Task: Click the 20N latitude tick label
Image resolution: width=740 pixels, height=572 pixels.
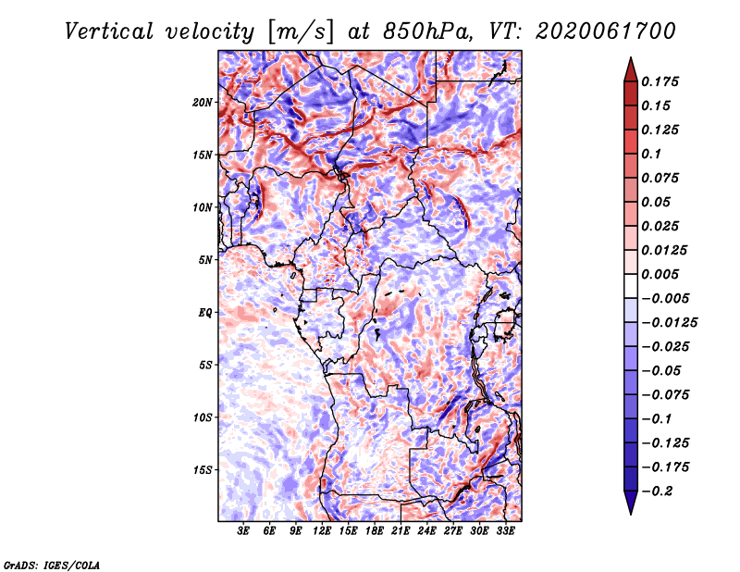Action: (x=203, y=103)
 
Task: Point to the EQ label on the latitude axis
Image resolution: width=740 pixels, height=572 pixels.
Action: (x=205, y=313)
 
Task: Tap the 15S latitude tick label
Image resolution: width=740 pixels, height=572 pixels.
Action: (x=203, y=470)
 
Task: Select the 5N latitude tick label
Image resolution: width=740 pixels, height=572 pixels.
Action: (x=205, y=260)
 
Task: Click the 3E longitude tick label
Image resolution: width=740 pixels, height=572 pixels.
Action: (x=243, y=531)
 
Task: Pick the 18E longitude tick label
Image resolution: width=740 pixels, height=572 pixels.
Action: (x=375, y=531)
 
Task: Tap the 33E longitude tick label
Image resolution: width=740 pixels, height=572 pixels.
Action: (x=505, y=531)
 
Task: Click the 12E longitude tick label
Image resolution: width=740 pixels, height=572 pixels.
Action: (x=322, y=531)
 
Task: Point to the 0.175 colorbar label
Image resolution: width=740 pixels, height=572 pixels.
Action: (x=660, y=81)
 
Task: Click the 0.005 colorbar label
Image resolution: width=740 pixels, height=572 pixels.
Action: (x=660, y=274)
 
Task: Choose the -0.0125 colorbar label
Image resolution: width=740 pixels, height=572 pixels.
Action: (x=670, y=323)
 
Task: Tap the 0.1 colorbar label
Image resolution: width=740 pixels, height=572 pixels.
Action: (x=652, y=154)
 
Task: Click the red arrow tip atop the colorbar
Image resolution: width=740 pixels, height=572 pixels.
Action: (x=631, y=57)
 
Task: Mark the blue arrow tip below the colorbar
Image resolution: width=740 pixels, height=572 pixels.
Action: (x=631, y=514)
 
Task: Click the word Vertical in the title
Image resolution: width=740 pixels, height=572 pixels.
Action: (x=109, y=31)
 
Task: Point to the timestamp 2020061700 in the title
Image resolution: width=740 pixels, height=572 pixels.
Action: (x=606, y=31)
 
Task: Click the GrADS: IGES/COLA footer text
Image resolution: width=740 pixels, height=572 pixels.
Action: (x=52, y=565)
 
